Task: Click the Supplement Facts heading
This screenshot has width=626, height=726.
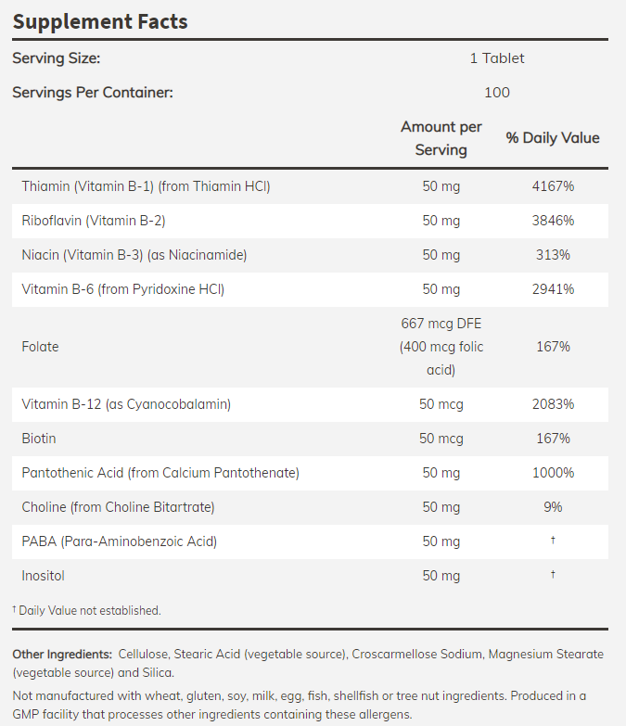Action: pos(100,21)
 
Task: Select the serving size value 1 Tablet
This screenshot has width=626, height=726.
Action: pos(496,58)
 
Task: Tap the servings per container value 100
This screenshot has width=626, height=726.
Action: pos(496,92)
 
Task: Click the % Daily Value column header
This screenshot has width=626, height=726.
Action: pos(552,138)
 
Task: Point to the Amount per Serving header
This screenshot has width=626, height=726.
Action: pos(441,138)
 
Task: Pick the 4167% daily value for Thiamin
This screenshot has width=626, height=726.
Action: pos(552,186)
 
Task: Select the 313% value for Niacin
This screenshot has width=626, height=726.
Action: pos(552,255)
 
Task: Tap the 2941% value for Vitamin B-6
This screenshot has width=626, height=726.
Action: pos(552,289)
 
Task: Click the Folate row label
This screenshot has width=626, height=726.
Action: pos(40,347)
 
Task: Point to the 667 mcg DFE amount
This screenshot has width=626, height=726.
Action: pos(441,324)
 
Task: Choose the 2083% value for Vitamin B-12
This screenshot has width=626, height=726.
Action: pos(552,404)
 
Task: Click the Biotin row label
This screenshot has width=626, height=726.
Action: pos(39,439)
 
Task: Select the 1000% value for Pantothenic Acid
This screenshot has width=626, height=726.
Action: pos(552,473)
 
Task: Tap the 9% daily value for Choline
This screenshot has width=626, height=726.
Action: pos(552,507)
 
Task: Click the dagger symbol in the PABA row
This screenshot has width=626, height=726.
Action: pos(552,541)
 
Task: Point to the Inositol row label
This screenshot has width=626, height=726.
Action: pos(44,576)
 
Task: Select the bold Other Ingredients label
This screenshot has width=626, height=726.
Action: pos(62,655)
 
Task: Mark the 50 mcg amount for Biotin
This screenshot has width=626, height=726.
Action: pos(441,439)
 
